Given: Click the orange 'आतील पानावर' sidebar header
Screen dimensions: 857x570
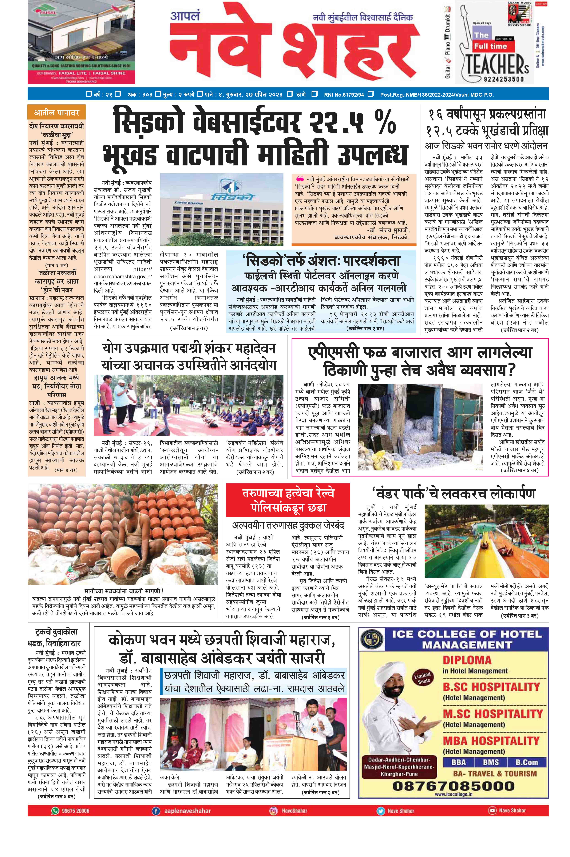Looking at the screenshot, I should coord(57,113).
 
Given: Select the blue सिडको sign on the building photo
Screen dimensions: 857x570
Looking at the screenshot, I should coord(233,197).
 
